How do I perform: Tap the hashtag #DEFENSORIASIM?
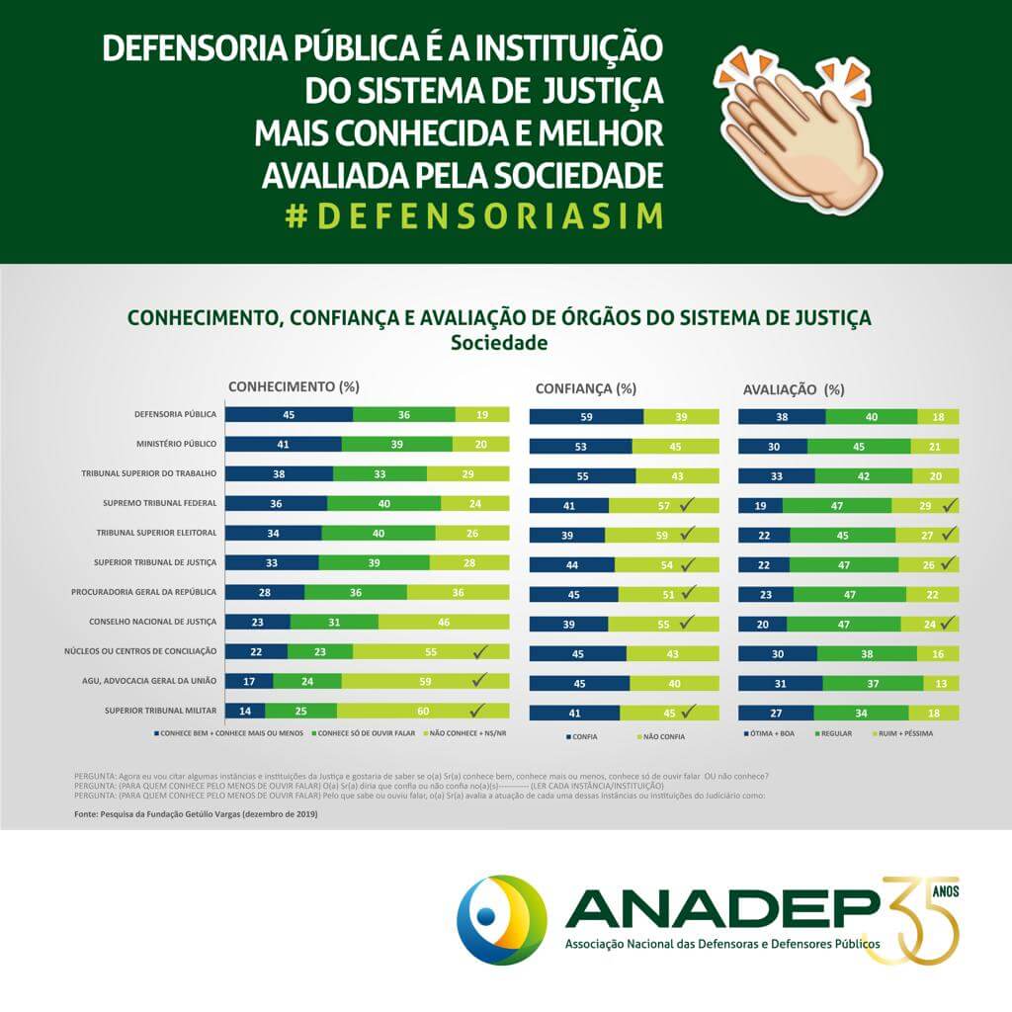(474, 217)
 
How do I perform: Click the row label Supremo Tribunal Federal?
(160, 503)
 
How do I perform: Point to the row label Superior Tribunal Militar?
(160, 711)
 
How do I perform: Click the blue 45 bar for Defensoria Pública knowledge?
(289, 414)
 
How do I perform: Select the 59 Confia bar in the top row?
(586, 417)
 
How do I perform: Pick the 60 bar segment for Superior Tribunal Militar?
(423, 711)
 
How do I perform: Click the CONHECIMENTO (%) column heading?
(294, 386)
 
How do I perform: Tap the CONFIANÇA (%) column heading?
(585, 388)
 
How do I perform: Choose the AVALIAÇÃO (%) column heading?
(794, 389)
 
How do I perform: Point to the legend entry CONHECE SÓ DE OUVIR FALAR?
(365, 733)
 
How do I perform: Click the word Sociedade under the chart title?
(499, 344)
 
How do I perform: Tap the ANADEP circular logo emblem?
(501, 916)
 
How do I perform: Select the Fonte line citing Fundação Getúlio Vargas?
(196, 813)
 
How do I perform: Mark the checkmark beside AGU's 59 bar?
(480, 681)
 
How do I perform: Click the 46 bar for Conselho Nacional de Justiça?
(444, 622)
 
